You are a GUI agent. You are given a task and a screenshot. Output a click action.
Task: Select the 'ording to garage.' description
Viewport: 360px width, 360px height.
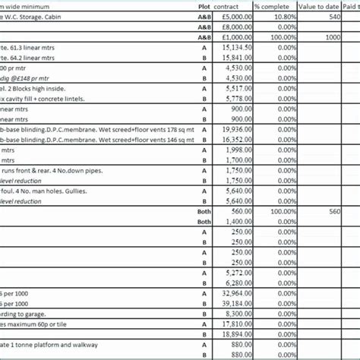tap(24, 313)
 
